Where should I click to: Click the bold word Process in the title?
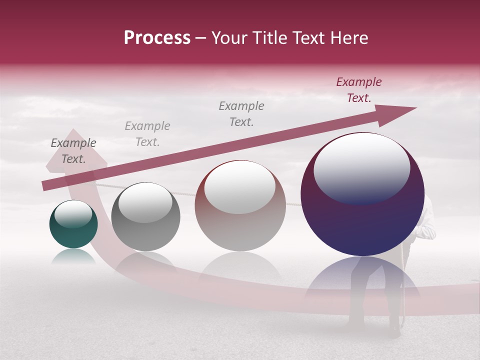coord(157,38)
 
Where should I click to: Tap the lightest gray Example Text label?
coord(147,134)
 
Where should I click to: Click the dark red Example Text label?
coord(359,90)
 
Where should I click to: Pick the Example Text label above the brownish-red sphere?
coord(241,113)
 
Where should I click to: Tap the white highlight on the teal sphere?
coord(73,214)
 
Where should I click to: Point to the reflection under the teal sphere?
coord(73,256)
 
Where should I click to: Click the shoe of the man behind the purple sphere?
coord(395,330)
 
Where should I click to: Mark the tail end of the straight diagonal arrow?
coord(45,186)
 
